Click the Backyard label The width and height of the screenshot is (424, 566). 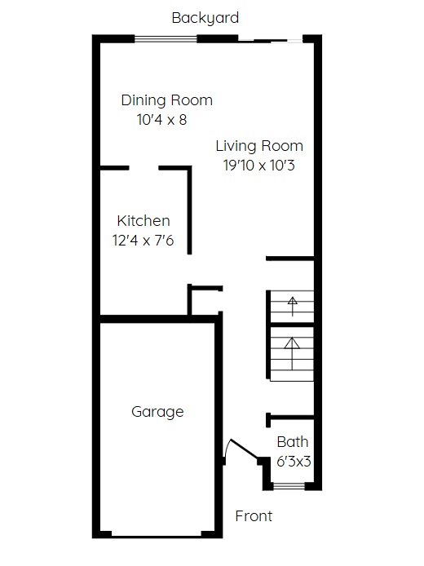tap(205, 18)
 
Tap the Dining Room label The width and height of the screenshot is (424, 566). tap(166, 100)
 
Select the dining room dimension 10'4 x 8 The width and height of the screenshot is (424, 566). tap(161, 120)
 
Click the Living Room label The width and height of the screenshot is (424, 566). tap(259, 146)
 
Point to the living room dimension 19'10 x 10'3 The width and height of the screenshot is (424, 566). tap(258, 166)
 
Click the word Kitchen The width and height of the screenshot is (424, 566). tap(144, 221)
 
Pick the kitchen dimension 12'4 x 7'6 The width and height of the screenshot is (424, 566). tap(143, 241)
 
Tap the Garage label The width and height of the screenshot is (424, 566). tap(157, 412)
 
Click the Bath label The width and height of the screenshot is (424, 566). tap(292, 442)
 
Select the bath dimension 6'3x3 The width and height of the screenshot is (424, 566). tap(294, 462)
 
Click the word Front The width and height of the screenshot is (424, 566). tap(254, 516)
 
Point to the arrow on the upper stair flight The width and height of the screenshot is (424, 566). tap(292, 306)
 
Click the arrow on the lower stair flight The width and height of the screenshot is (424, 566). tap(292, 354)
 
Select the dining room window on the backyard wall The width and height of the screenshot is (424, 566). tap(166, 39)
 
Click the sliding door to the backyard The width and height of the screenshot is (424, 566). tap(270, 40)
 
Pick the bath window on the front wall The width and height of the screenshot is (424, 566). tap(289, 486)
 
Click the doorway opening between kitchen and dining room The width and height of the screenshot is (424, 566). tap(144, 168)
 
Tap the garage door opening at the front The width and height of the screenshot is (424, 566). tap(157, 534)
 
